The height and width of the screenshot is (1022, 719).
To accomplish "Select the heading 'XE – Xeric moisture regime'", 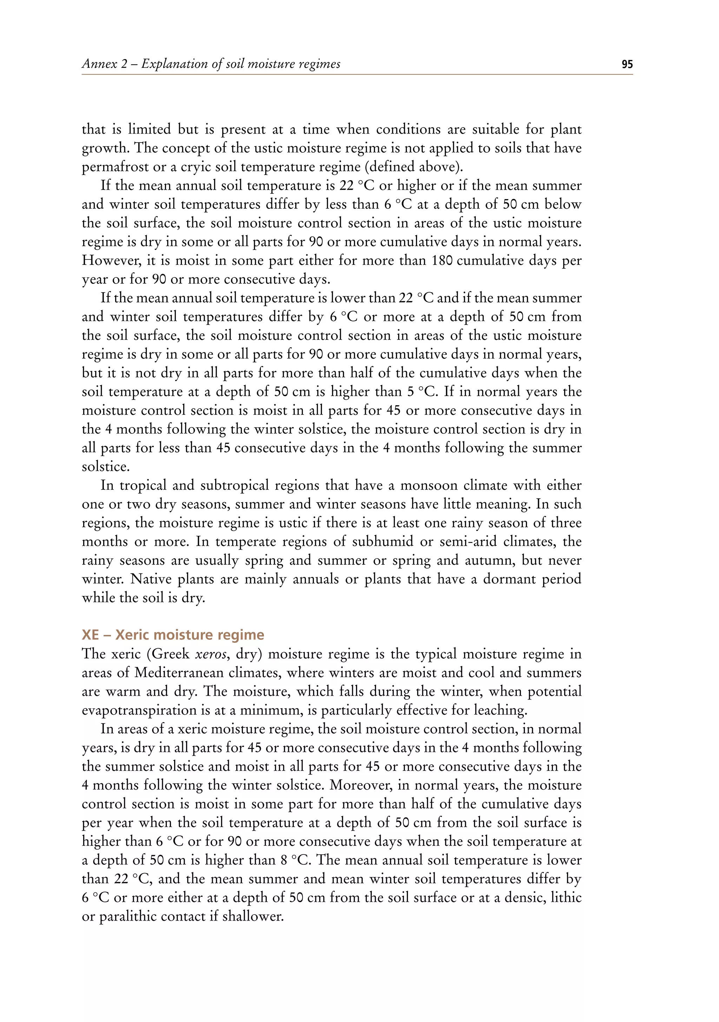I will tap(173, 635).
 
